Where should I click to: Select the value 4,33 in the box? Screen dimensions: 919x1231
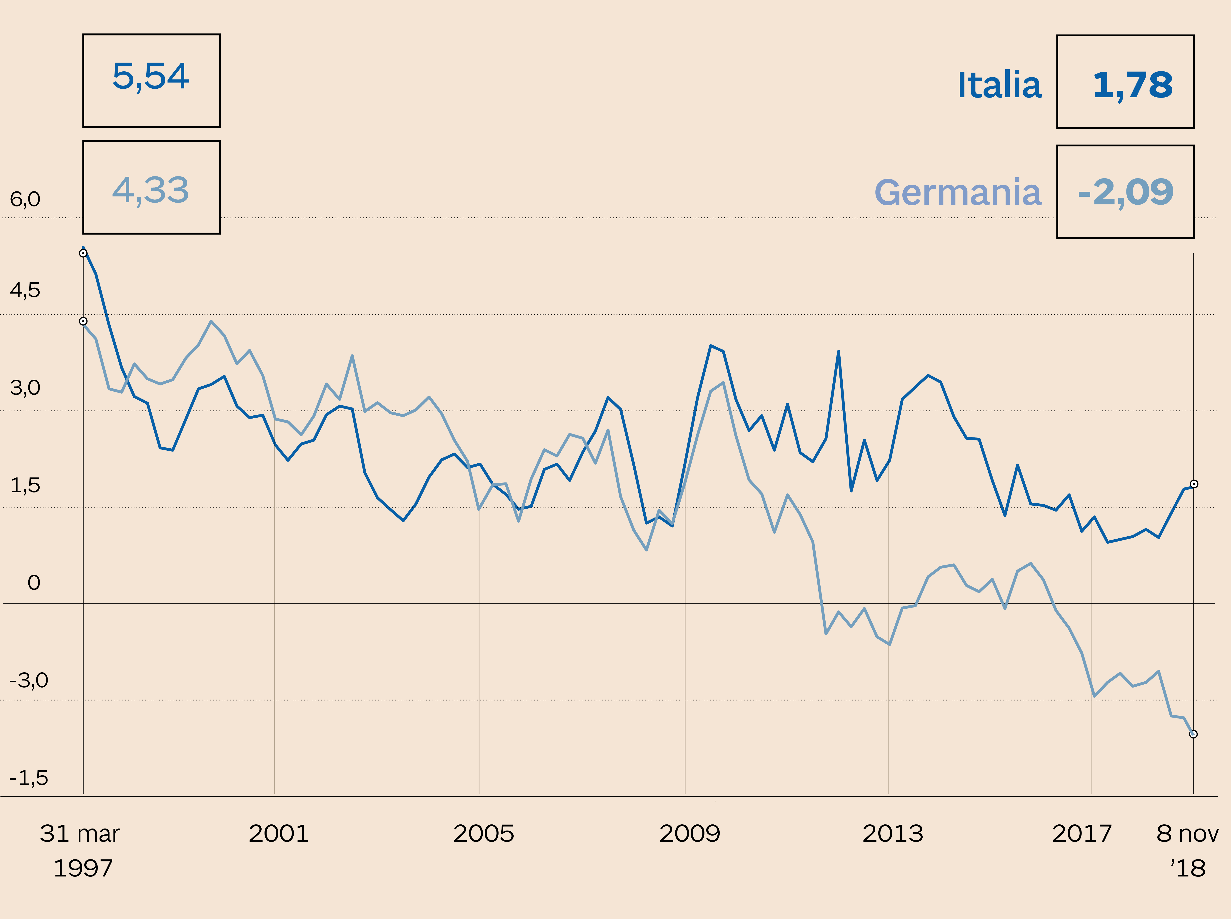151,190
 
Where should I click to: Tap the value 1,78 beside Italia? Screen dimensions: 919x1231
1133,85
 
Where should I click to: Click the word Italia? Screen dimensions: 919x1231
999,85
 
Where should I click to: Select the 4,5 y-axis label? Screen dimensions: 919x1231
25,290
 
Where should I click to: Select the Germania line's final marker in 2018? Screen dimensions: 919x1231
1193,734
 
